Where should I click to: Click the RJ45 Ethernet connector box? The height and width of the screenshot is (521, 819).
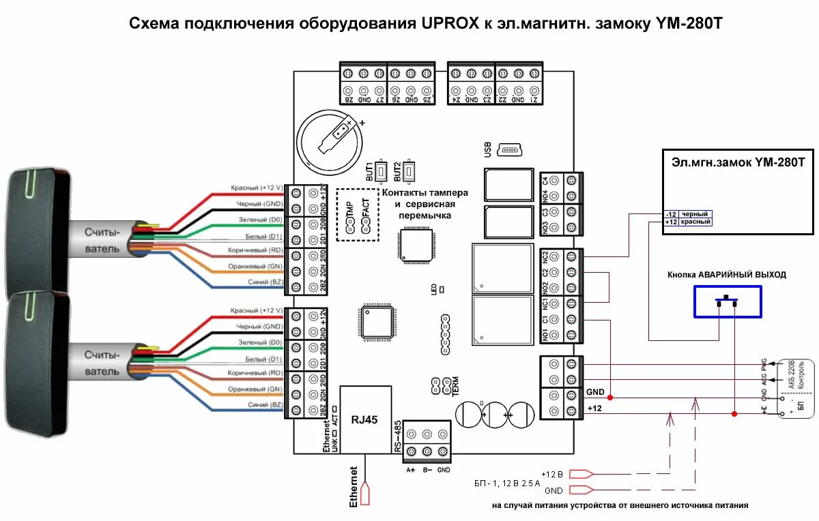pos(365,420)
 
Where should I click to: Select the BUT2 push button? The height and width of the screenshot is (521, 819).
pos(408,170)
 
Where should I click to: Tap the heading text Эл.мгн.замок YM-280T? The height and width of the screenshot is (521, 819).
pos(738,162)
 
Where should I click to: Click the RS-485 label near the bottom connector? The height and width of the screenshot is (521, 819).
pos(397,437)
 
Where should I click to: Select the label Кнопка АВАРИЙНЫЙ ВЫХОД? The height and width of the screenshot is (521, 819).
pos(727,274)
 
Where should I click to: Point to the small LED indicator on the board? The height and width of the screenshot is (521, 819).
pos(442,290)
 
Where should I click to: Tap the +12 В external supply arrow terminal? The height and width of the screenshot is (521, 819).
pos(581,474)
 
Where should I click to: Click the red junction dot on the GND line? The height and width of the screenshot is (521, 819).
pos(610,397)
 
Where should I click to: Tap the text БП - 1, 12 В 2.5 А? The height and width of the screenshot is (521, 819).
pos(506,482)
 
